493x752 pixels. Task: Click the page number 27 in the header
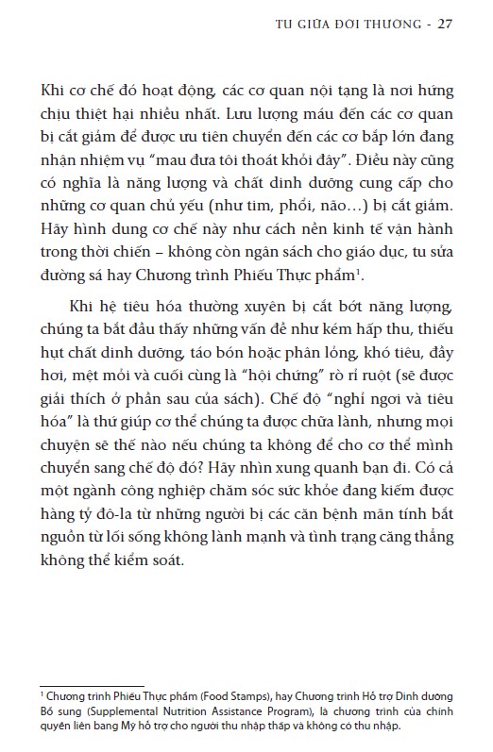click(x=446, y=24)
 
